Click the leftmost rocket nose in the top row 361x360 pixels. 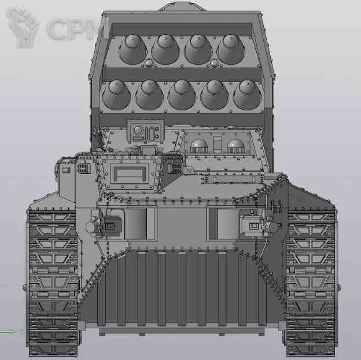coord(133,49)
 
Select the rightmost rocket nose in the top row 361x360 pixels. coord(231,49)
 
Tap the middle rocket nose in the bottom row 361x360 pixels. coord(182,95)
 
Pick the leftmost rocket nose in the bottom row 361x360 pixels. coord(116,95)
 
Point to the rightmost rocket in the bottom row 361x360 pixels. coord(247,95)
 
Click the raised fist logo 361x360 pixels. coord(23,27)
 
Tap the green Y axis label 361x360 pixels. coord(21,331)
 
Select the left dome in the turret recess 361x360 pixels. coord(199,146)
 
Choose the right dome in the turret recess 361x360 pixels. coord(235,146)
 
